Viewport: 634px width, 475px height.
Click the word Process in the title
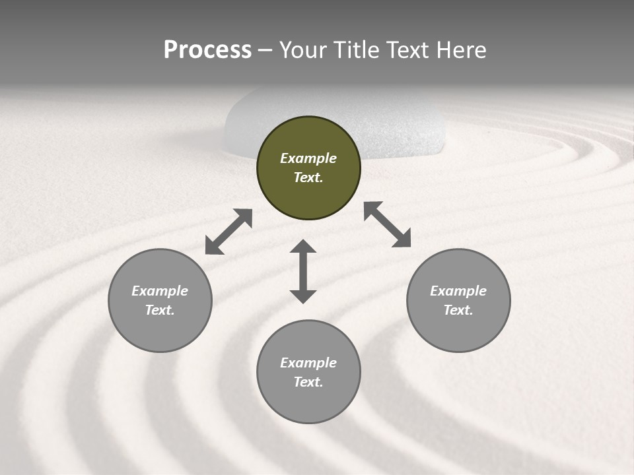pos(207,50)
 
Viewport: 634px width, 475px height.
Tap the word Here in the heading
pos(461,50)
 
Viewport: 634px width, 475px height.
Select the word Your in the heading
pos(303,50)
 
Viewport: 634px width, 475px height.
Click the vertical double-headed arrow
pos(303,271)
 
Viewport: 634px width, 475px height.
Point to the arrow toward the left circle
pos(229,232)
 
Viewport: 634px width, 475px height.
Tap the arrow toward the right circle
pos(387,224)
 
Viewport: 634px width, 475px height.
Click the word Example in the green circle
pos(308,158)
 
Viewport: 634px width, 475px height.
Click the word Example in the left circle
pos(160,291)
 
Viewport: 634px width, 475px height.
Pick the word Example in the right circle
pos(458,291)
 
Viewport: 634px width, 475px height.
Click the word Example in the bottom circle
pos(308,363)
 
